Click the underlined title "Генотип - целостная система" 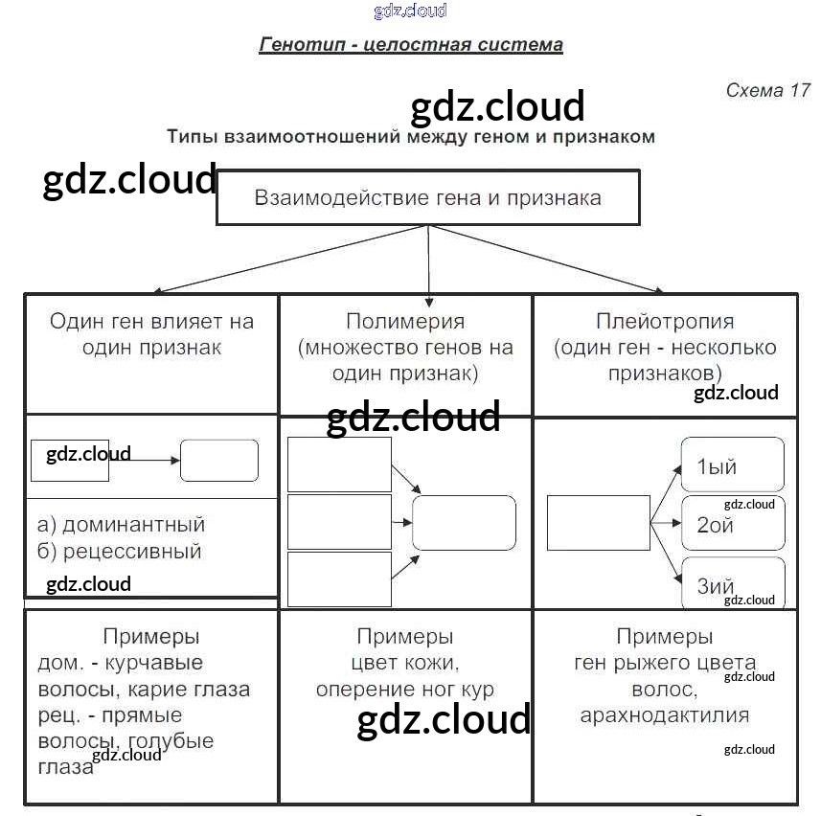pyautogui.click(x=411, y=45)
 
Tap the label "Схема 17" pyautogui.click(x=767, y=91)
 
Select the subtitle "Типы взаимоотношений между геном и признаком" pyautogui.click(x=411, y=137)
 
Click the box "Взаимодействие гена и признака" pyautogui.click(x=427, y=198)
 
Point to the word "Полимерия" pyautogui.click(x=405, y=322)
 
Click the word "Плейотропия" pyautogui.click(x=665, y=322)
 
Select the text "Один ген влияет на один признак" pyautogui.click(x=151, y=334)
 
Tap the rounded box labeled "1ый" pyautogui.click(x=732, y=465)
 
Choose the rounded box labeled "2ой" pyautogui.click(x=732, y=523)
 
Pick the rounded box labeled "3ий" pyautogui.click(x=732, y=582)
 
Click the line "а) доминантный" pyautogui.click(x=121, y=525)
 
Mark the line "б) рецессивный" pyautogui.click(x=119, y=552)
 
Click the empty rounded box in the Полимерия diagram pyautogui.click(x=464, y=523)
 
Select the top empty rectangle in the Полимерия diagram pyautogui.click(x=339, y=465)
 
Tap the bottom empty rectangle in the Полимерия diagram pyautogui.click(x=339, y=578)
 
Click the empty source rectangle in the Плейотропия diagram pyautogui.click(x=598, y=523)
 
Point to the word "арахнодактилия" pyautogui.click(x=665, y=715)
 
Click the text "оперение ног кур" pyautogui.click(x=405, y=690)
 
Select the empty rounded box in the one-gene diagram pyautogui.click(x=219, y=461)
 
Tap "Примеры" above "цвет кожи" pyautogui.click(x=405, y=637)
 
